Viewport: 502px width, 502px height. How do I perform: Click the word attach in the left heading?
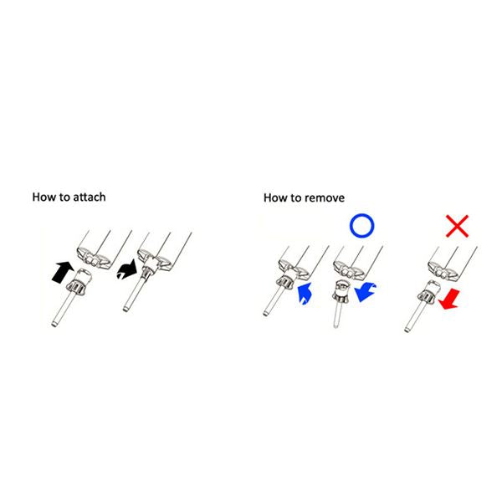point(90,197)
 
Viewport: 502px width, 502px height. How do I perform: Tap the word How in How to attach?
point(43,197)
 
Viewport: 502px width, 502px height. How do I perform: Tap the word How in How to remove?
point(274,197)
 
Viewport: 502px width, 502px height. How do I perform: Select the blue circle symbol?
point(361,216)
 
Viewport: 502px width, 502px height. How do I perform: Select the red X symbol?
point(457,226)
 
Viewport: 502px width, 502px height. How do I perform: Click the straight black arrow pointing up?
point(63,272)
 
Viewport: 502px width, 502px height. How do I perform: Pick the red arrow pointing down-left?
point(449,299)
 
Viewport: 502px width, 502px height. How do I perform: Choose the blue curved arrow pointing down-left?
point(365,292)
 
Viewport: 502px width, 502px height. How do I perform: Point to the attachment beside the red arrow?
point(420,305)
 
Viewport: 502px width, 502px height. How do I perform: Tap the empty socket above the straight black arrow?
point(95,258)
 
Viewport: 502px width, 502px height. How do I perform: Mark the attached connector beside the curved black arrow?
point(138,284)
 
